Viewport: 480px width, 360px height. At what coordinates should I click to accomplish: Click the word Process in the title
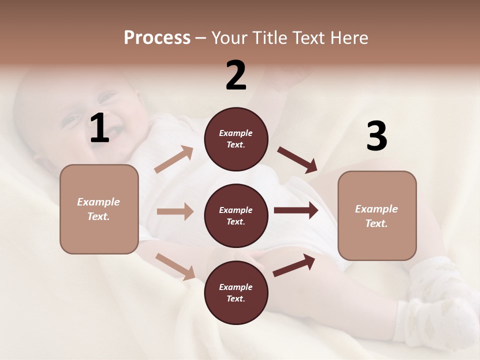point(157,37)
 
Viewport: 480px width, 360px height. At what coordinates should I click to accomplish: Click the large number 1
point(99,128)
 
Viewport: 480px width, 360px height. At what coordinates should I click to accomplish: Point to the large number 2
point(236,75)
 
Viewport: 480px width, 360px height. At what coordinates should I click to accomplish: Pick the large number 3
point(376,136)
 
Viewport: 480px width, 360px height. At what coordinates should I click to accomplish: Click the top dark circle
point(236,139)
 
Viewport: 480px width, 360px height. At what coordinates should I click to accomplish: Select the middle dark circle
point(236,215)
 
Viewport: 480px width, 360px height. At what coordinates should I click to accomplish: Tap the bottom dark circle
point(236,292)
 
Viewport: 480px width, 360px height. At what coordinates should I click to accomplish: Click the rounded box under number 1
point(99,209)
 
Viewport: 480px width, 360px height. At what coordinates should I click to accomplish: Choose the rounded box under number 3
point(377,216)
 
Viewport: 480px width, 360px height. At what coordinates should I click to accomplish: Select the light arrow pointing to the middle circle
point(175,211)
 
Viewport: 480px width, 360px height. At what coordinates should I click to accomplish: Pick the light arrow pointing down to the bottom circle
point(175,266)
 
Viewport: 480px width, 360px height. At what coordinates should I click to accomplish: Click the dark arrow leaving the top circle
point(297,160)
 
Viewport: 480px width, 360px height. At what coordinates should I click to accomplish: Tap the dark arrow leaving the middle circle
point(296,210)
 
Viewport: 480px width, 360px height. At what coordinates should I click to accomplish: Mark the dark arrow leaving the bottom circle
point(294,265)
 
